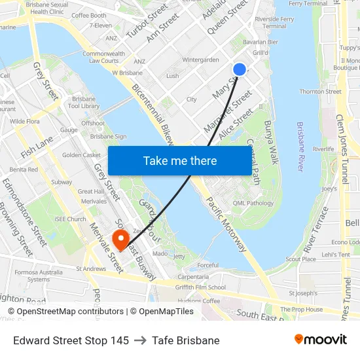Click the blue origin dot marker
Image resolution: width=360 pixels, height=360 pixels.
click(240, 69)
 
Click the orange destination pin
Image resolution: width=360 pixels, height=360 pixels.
click(120, 239)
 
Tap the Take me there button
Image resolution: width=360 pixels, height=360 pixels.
click(180, 160)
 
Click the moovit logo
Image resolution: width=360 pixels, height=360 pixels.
click(320, 339)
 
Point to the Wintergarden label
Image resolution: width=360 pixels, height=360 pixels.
click(200, 60)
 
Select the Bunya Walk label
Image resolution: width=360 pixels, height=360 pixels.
click(272, 142)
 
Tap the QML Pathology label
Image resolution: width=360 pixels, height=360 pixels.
click(253, 203)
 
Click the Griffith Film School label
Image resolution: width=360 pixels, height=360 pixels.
click(200, 287)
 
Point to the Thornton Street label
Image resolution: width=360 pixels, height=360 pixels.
click(321, 92)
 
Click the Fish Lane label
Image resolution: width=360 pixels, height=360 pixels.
click(37, 147)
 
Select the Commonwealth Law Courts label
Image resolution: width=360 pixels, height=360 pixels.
click(103, 57)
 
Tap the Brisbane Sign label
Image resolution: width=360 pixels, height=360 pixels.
click(108, 136)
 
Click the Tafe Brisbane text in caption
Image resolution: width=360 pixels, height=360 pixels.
click(186, 340)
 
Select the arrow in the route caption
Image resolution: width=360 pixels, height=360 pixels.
click(140, 340)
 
